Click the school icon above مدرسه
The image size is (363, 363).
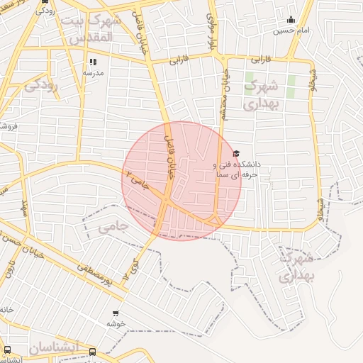93,62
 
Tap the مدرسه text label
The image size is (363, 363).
93,72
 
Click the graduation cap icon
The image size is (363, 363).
236,153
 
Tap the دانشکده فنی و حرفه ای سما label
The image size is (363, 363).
237,168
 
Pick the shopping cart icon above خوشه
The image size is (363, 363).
116,313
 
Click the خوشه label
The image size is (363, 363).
116,323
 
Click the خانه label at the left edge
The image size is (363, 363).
6,310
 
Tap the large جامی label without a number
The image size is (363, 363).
113,227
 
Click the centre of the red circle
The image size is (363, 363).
181,181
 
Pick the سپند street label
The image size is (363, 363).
23,208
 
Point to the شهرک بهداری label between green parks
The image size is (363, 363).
263,95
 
